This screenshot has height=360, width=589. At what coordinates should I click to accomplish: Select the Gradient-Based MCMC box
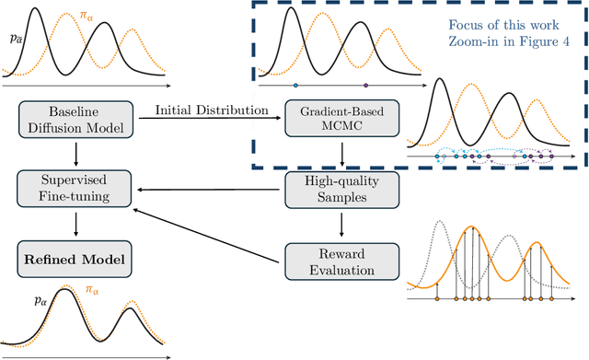pyautogui.click(x=330, y=118)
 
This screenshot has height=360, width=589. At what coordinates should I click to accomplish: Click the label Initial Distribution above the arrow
pyautogui.click(x=211, y=110)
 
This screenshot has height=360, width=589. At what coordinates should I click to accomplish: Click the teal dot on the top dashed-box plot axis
pyautogui.click(x=295, y=86)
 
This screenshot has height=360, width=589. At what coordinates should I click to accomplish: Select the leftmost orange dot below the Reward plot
pyautogui.click(x=437, y=299)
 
